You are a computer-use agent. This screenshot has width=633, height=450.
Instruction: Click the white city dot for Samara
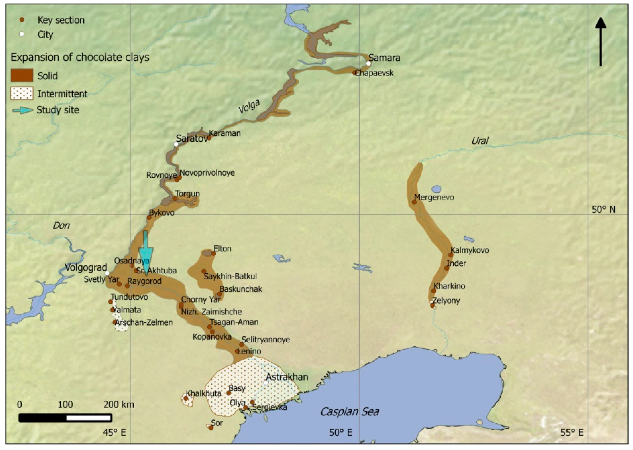tap(368, 63)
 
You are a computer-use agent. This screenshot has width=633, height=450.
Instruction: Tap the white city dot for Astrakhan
tap(266, 383)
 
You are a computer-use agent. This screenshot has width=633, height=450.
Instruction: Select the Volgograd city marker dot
tap(107, 273)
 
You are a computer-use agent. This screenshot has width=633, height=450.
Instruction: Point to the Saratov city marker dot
tap(176, 144)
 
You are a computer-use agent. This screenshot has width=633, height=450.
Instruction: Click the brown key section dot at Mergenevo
tap(414, 202)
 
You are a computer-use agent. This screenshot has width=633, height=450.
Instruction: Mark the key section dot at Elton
tap(214, 253)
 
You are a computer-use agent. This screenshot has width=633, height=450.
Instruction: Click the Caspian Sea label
tap(349, 411)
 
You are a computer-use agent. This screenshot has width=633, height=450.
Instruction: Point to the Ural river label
tap(480, 141)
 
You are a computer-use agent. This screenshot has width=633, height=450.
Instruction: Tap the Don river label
tap(61, 225)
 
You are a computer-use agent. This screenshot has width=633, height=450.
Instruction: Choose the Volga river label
tap(249, 107)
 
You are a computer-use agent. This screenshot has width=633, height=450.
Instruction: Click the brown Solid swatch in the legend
tap(22, 75)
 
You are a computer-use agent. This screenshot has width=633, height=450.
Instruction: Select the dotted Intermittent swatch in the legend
tap(22, 93)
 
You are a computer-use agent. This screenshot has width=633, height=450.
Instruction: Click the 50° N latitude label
tap(604, 209)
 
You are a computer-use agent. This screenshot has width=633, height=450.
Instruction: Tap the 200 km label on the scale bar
tap(119, 405)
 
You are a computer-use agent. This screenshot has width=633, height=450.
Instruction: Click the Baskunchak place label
tap(241, 289)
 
